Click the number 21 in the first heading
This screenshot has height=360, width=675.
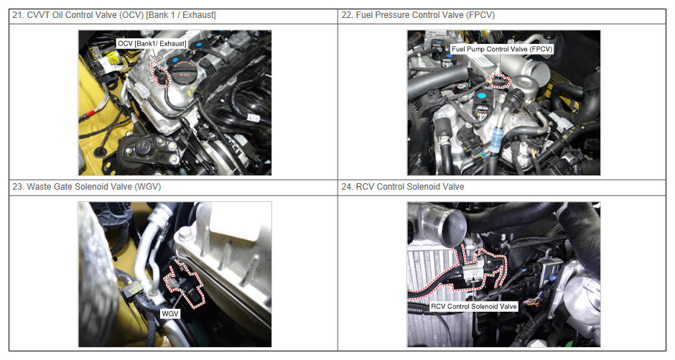tap(17, 15)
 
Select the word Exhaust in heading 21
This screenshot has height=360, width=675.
tap(198, 15)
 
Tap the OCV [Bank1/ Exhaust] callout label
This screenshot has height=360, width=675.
tap(152, 44)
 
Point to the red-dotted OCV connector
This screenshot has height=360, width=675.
tap(160, 75)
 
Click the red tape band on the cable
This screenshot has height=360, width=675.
tap(90, 114)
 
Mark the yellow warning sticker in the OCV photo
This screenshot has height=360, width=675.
tap(113, 57)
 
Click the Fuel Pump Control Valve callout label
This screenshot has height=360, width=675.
tap(501, 49)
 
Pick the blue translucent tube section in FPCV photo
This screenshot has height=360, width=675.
tap(496, 140)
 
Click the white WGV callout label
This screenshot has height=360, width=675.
tap(169, 313)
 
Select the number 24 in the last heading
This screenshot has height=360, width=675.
tap(347, 187)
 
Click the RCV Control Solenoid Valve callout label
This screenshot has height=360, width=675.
tap(473, 307)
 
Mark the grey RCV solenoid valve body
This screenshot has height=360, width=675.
tap(475, 270)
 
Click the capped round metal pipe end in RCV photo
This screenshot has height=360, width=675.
tap(444, 224)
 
